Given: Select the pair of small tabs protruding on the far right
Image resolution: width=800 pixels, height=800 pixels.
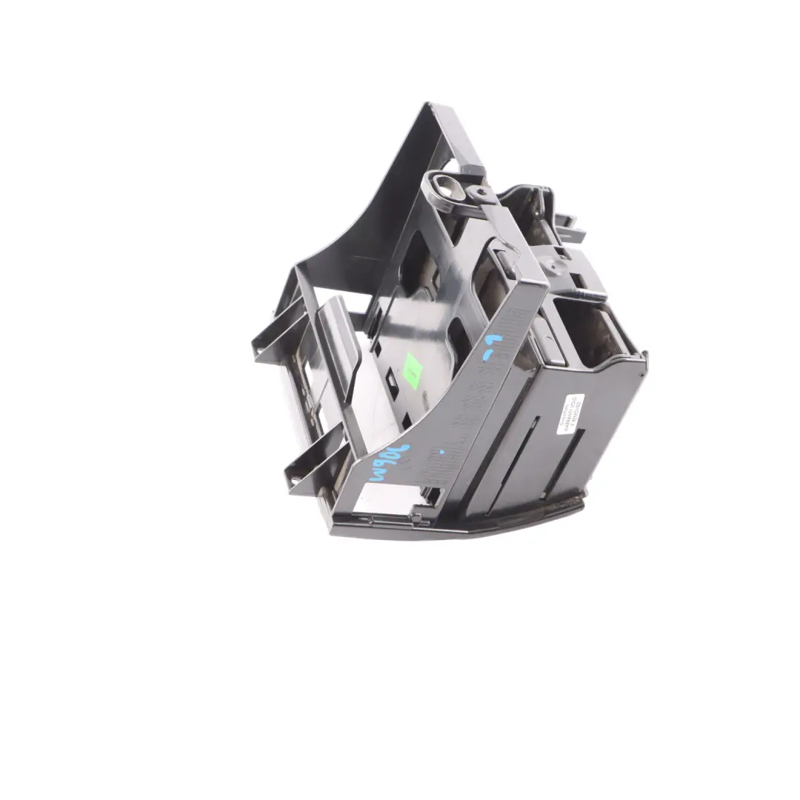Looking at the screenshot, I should click(x=570, y=226).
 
